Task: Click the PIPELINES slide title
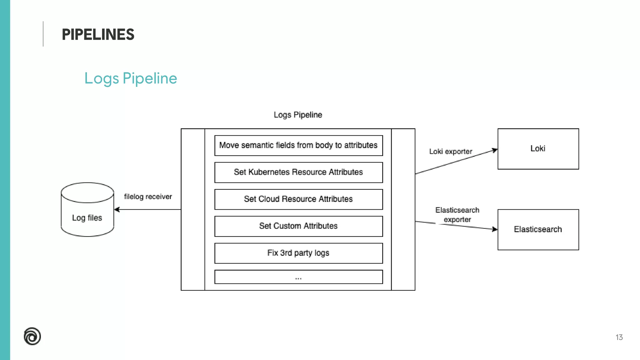click(98, 34)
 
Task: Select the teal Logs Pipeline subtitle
click(131, 78)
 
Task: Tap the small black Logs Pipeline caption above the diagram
click(298, 115)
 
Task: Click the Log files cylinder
click(87, 212)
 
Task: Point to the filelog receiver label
click(148, 197)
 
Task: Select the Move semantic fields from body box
click(298, 145)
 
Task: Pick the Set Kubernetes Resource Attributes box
click(298, 172)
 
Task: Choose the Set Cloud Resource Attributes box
click(298, 199)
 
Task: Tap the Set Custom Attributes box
click(298, 226)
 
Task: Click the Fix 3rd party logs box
click(298, 253)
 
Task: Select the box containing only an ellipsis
click(298, 277)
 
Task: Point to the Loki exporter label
click(450, 152)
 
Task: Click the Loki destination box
click(538, 149)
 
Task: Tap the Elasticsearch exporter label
click(457, 215)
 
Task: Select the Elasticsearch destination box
click(538, 229)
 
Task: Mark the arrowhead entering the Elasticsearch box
click(495, 229)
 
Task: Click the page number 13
click(619, 337)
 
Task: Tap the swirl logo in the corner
click(32, 336)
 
